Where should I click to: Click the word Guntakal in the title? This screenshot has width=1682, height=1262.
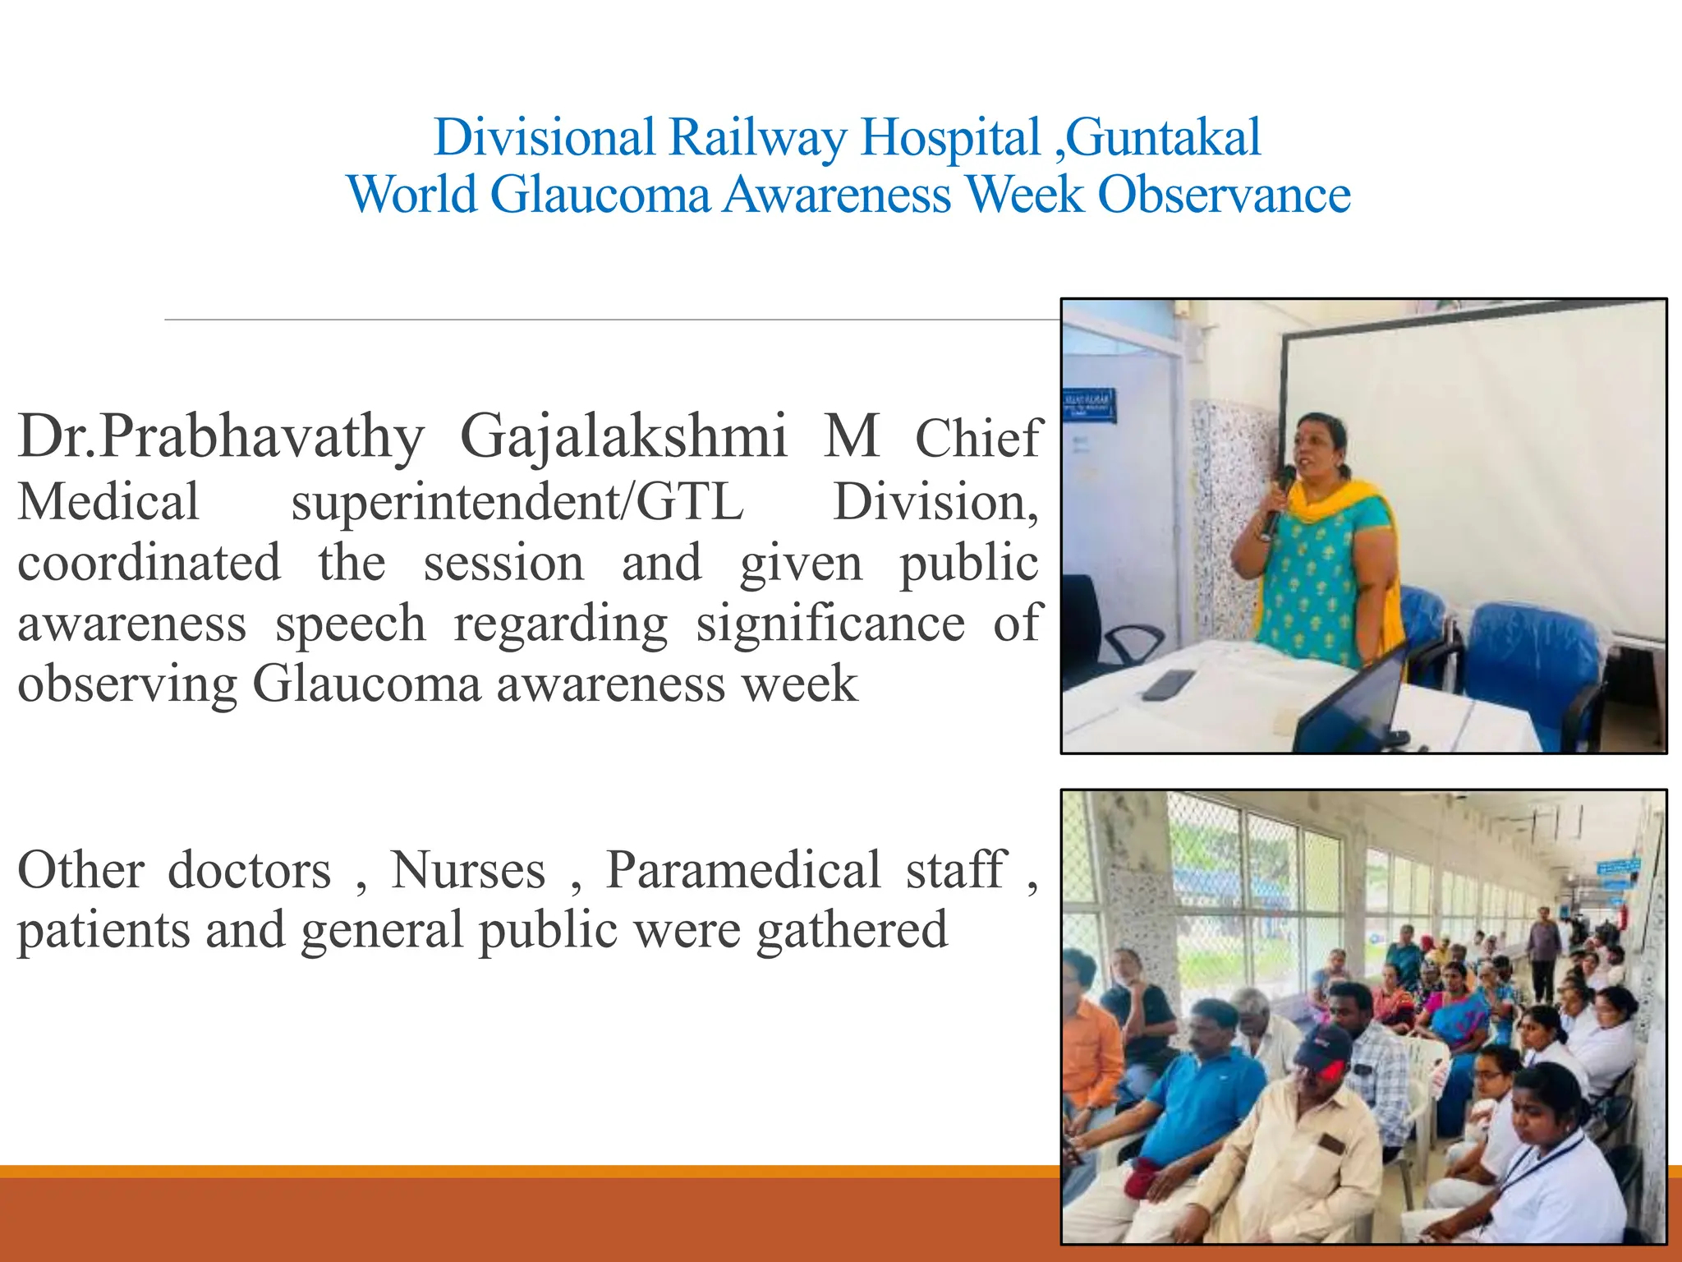[x=1164, y=137]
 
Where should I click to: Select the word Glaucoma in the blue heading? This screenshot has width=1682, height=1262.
[x=600, y=196]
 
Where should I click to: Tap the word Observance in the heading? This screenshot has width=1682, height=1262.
[x=1224, y=196]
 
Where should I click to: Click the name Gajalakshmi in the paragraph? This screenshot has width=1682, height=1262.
[x=623, y=436]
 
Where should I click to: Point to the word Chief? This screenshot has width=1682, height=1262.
[x=977, y=439]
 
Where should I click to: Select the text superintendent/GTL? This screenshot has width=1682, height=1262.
[x=517, y=502]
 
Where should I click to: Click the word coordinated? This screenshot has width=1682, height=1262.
[x=149, y=564]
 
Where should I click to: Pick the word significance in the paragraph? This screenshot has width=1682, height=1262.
[x=830, y=624]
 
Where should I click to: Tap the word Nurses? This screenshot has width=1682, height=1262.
[x=468, y=870]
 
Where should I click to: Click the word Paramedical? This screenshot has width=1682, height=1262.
[x=743, y=870]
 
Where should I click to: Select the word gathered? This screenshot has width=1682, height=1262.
[x=852, y=931]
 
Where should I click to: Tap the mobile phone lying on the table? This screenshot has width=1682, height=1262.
[x=1167, y=684]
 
